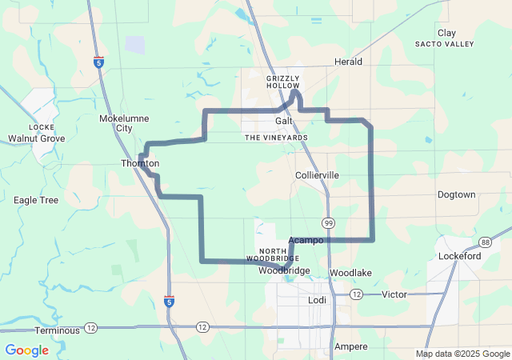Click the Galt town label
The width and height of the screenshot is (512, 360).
(x=284, y=120)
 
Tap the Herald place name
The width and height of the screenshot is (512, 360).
(x=348, y=62)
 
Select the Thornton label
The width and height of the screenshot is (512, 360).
(x=140, y=163)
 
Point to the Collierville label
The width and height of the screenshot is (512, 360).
(x=317, y=175)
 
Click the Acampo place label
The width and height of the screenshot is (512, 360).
(x=306, y=240)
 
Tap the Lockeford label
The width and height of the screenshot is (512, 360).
(x=459, y=256)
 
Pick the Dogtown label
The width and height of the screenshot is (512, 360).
(x=456, y=195)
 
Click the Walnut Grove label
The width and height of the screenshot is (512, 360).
(x=37, y=138)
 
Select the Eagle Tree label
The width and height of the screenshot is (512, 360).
(x=36, y=200)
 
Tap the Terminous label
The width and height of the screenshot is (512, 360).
(x=57, y=330)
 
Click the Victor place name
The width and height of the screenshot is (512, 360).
(x=394, y=294)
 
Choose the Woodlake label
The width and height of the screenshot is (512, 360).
(x=350, y=273)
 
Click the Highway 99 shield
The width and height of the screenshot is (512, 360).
(x=329, y=221)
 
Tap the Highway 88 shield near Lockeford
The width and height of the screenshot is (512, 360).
(x=486, y=241)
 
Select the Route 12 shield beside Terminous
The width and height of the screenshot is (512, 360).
(x=90, y=327)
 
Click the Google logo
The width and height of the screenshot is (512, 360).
(x=26, y=350)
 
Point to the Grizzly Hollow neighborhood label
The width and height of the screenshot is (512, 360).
(x=282, y=82)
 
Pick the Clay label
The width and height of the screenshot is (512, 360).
(x=446, y=33)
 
